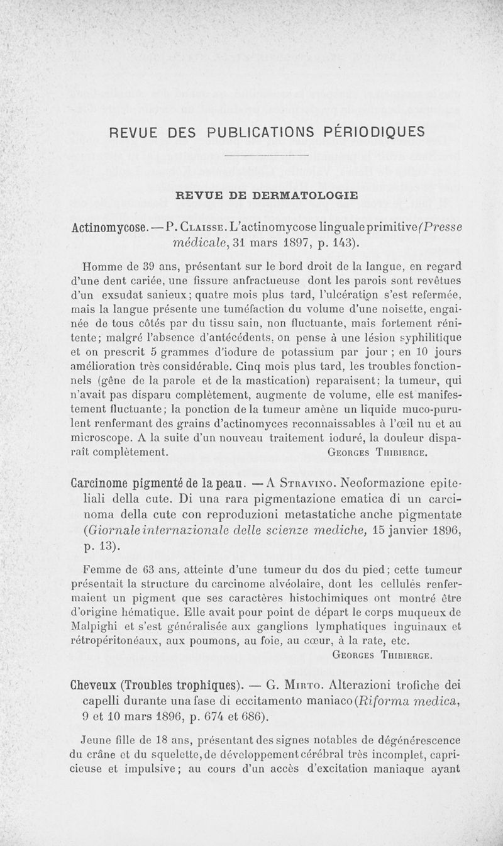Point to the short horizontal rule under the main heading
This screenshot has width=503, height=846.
click(267, 155)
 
